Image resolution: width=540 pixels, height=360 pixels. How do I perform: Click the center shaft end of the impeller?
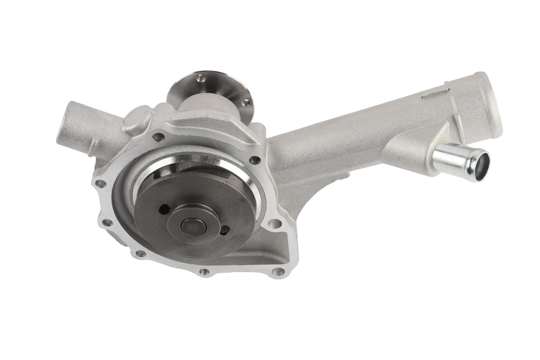coord(194,227)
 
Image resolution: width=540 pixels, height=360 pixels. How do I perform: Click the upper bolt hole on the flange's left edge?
coord(101,183)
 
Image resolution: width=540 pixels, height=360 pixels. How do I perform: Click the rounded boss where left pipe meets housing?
coord(137,119)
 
